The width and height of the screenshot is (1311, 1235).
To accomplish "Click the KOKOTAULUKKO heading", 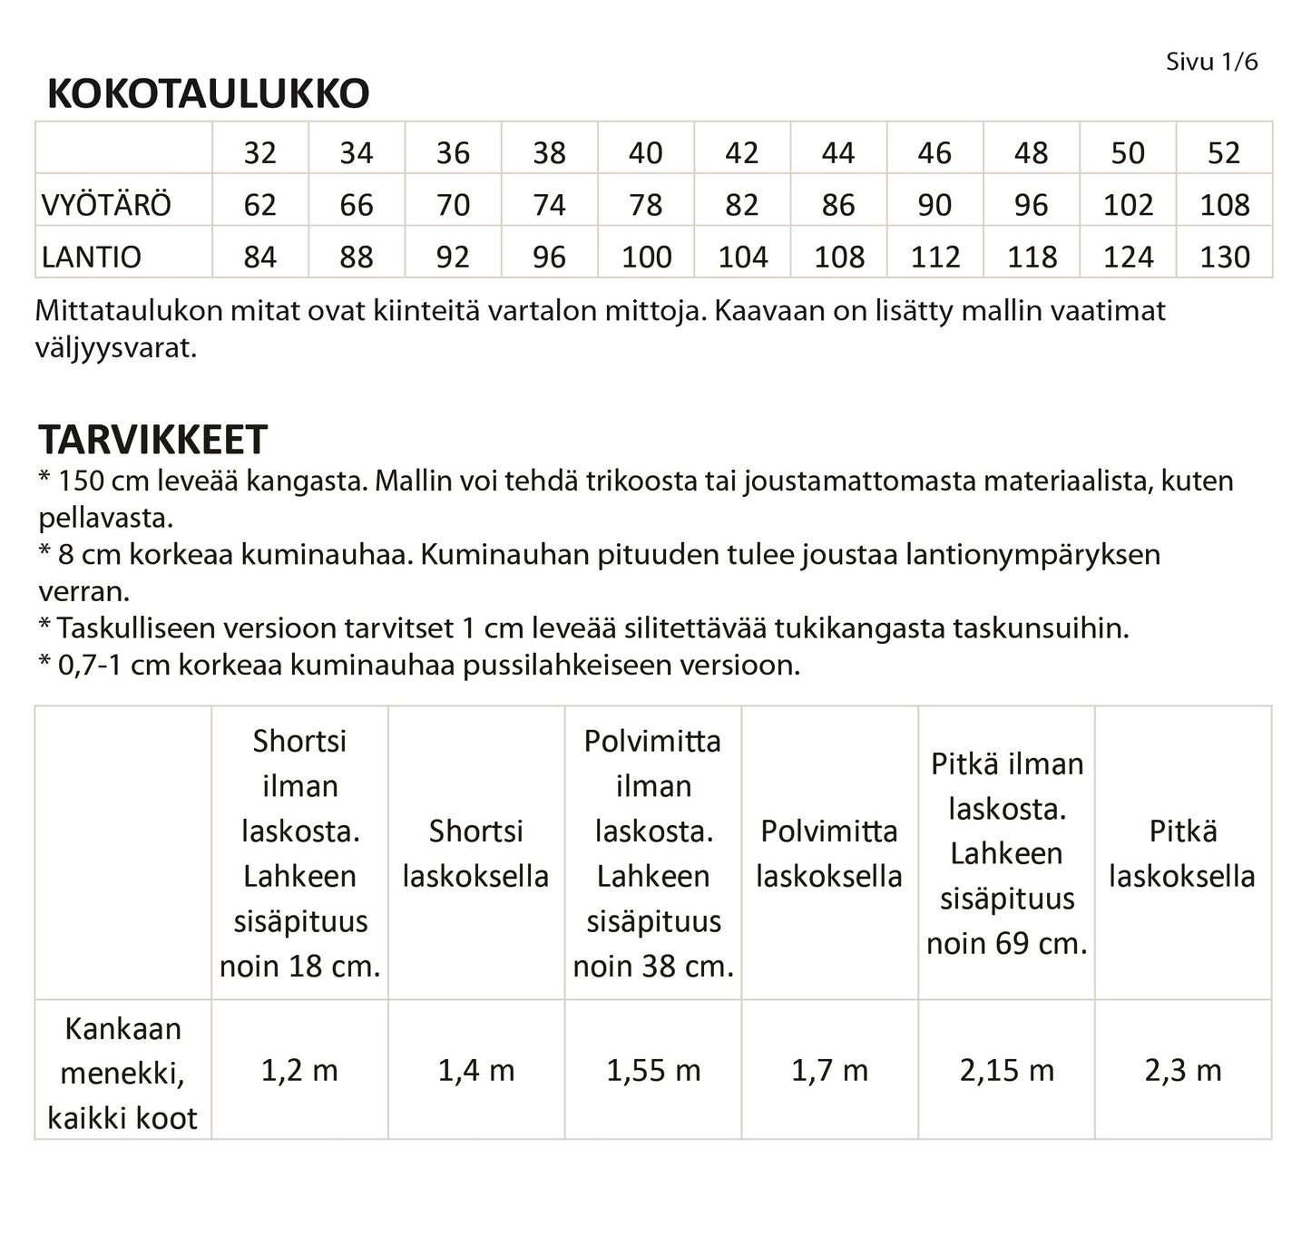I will click(208, 93).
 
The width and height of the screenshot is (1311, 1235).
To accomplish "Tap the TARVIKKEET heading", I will click(152, 440).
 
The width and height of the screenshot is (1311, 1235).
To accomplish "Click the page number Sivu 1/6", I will click(1211, 62).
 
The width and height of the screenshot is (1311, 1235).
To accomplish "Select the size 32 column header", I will click(259, 152).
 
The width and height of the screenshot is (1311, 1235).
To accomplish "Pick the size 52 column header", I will click(1223, 152).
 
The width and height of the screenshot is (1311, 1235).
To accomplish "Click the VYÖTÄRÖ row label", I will click(106, 205).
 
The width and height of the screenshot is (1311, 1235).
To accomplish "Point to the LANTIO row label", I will click(92, 257).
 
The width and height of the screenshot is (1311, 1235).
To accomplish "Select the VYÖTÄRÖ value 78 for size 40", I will click(645, 205).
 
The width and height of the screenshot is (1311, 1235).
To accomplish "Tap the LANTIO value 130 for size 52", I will click(1224, 257).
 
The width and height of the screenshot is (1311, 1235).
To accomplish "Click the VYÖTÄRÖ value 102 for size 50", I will click(1128, 205).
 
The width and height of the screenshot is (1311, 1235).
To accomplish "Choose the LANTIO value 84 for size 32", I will click(259, 257).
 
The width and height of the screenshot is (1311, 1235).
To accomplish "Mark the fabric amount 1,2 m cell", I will click(299, 1071).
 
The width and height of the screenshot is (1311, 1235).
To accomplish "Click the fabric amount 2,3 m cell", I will click(1183, 1071).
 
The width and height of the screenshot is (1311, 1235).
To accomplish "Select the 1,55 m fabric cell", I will click(653, 1071).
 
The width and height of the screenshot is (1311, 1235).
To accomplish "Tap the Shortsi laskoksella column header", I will click(476, 853).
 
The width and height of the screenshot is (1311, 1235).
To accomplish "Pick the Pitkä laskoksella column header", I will click(1182, 853).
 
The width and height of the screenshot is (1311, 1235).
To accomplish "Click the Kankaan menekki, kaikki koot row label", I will click(122, 1073).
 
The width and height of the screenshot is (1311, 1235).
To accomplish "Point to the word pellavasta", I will click(105, 519).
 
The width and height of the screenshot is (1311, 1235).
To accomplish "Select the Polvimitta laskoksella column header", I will click(829, 853).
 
